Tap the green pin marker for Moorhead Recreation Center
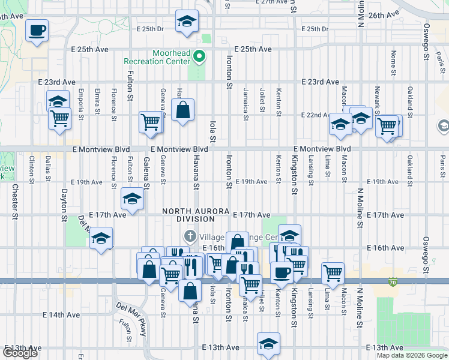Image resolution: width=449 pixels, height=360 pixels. click(200, 58)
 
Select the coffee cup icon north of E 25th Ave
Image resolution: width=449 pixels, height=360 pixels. click(37, 30)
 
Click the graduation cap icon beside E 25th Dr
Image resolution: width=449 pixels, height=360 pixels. click(187, 22)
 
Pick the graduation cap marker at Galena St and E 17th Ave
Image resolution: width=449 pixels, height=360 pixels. click(132, 199)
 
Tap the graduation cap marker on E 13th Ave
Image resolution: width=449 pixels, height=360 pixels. click(268, 344)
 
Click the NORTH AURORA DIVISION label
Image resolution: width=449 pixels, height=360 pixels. click(195, 215)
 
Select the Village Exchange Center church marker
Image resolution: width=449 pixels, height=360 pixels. click(190, 235)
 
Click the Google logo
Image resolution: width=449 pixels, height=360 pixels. click(20, 353)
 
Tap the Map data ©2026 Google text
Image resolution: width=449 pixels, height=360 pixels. click(411, 355)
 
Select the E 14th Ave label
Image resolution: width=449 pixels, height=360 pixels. click(60, 314)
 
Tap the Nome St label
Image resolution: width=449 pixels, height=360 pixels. click(393, 62)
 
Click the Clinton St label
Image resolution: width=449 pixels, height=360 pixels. click(31, 168)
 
